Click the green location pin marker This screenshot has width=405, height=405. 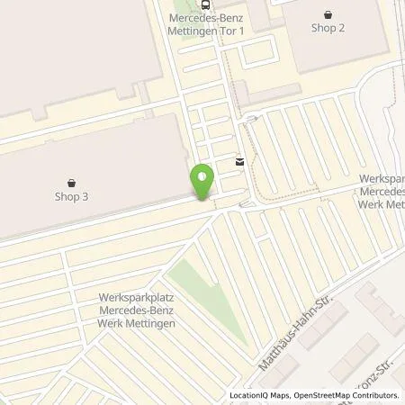point(202,181)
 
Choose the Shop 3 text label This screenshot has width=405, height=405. point(72,195)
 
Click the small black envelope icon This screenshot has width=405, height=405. point(239,162)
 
